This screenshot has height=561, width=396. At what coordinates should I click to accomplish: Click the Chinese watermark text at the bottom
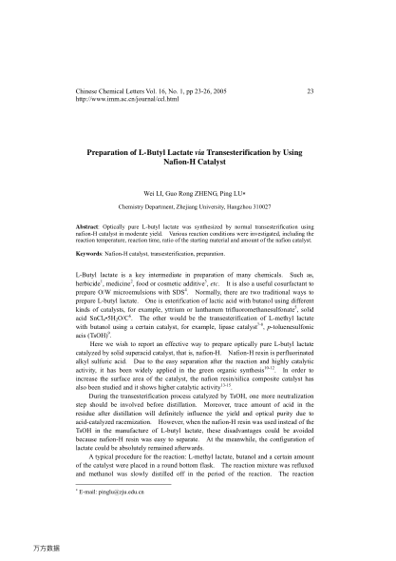(x=46, y=548)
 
